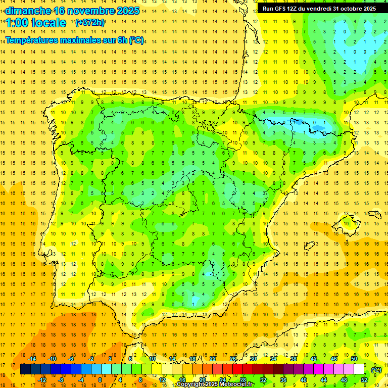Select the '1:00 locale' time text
tap(36, 23)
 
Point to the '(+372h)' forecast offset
tap(90, 23)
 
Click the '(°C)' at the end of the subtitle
tap(136, 40)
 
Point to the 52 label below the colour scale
tap(364, 380)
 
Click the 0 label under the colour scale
tap(100, 380)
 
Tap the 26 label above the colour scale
tap(233, 359)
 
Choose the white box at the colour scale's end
tap(359, 369)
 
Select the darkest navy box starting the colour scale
tap(25, 369)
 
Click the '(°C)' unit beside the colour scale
tap(376, 370)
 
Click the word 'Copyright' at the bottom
tap(191, 384)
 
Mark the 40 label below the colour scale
tap(304, 380)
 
